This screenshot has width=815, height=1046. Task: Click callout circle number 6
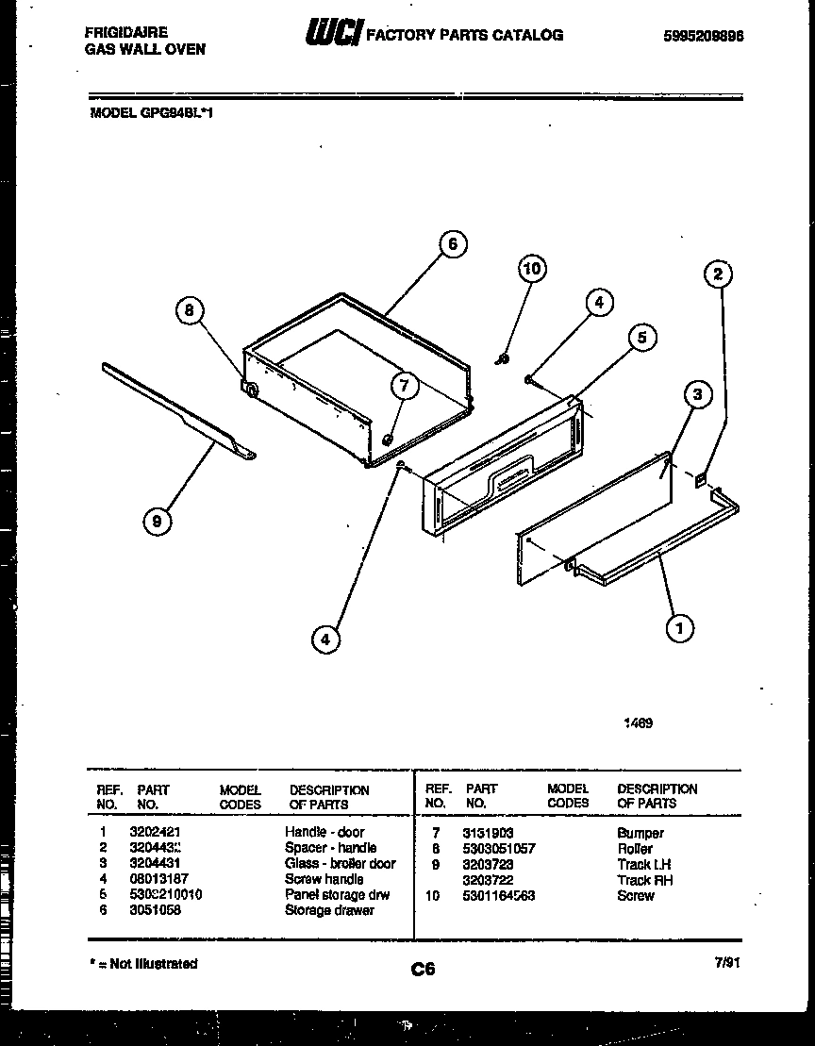(452, 244)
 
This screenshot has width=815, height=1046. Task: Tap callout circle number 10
(532, 269)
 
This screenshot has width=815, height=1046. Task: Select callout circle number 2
(718, 274)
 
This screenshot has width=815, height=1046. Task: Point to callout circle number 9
(158, 522)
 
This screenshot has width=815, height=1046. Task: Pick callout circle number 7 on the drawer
(403, 385)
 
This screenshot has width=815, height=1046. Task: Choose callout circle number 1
(678, 626)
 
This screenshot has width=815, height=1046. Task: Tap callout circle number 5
(641, 338)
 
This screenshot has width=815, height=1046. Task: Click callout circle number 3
(697, 394)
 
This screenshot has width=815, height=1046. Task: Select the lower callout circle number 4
(324, 639)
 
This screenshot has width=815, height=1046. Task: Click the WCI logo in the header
(332, 35)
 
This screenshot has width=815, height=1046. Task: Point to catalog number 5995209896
(704, 36)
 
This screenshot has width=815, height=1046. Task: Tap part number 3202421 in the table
(155, 833)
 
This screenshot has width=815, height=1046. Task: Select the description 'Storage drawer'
(329, 910)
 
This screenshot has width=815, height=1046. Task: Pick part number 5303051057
(499, 849)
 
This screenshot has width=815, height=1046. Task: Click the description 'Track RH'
(644, 880)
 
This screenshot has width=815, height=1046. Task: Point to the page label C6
(423, 968)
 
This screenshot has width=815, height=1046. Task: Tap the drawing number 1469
(638, 724)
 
